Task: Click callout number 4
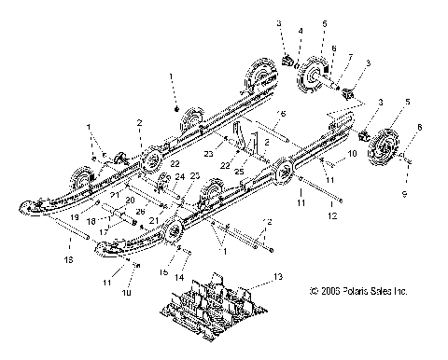click(x=299, y=32)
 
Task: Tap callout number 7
click(x=349, y=56)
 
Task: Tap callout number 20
click(x=130, y=201)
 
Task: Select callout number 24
click(x=180, y=176)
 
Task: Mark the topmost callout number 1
click(x=172, y=73)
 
